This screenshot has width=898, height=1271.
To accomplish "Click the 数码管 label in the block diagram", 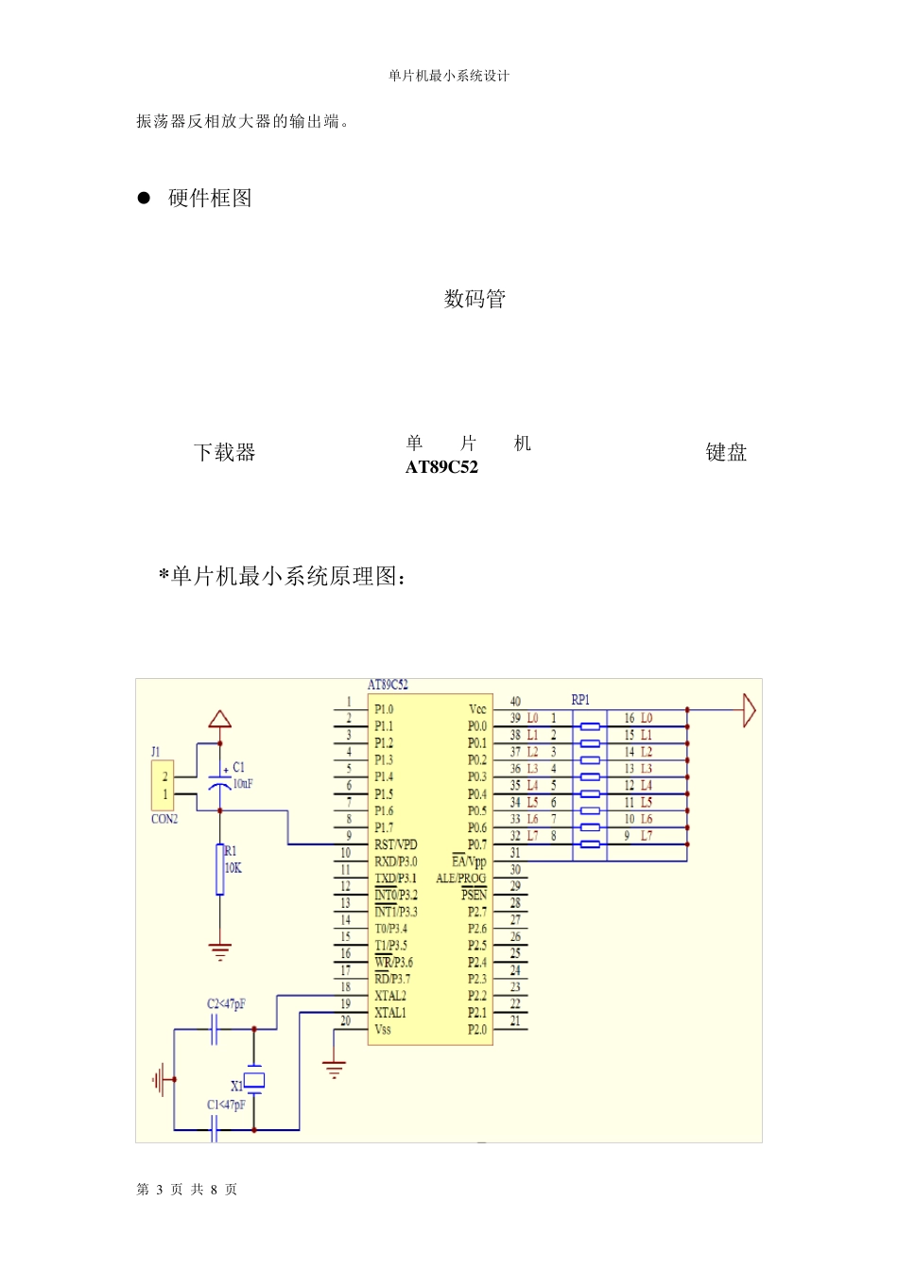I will (x=475, y=299).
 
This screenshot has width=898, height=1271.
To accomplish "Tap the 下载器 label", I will (x=225, y=452).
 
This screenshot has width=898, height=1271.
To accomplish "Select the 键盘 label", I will (x=726, y=453).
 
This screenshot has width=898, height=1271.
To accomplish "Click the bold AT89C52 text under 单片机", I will (x=441, y=467).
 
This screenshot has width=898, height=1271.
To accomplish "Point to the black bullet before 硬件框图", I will (x=144, y=198).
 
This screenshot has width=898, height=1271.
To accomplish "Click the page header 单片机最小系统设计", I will (x=449, y=76).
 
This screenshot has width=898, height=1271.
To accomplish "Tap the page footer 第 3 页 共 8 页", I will (x=187, y=1190).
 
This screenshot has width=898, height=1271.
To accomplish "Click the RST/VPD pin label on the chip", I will (x=395, y=844).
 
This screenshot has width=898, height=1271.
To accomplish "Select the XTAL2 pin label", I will (x=389, y=996).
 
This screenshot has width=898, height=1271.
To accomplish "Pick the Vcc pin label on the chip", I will (x=477, y=709).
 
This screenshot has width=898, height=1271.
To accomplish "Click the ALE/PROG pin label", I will (x=460, y=879).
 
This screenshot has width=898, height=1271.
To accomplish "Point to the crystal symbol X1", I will (x=254, y=1080).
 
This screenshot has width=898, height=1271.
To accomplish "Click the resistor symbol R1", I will (x=220, y=870).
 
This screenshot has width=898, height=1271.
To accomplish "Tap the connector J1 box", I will (x=164, y=785).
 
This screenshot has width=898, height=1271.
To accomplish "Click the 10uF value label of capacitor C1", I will (x=243, y=784).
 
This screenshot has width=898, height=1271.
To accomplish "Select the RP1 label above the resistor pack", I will (x=580, y=700).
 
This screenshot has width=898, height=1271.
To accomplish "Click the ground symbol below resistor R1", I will (x=220, y=951).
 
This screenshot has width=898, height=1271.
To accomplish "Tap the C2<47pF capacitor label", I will (x=226, y=1004).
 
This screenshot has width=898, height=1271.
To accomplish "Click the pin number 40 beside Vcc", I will (x=515, y=702).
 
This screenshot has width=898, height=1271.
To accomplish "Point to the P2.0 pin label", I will (x=477, y=1030).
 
